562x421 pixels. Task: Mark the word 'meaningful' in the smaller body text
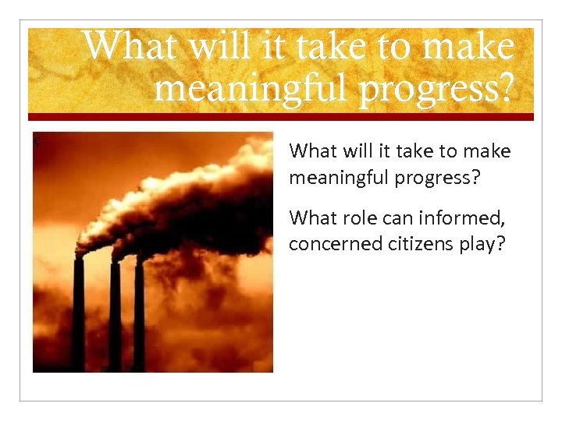[x=340, y=178]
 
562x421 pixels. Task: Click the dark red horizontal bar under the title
[x=281, y=117]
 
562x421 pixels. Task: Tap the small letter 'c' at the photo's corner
[x=37, y=141]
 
